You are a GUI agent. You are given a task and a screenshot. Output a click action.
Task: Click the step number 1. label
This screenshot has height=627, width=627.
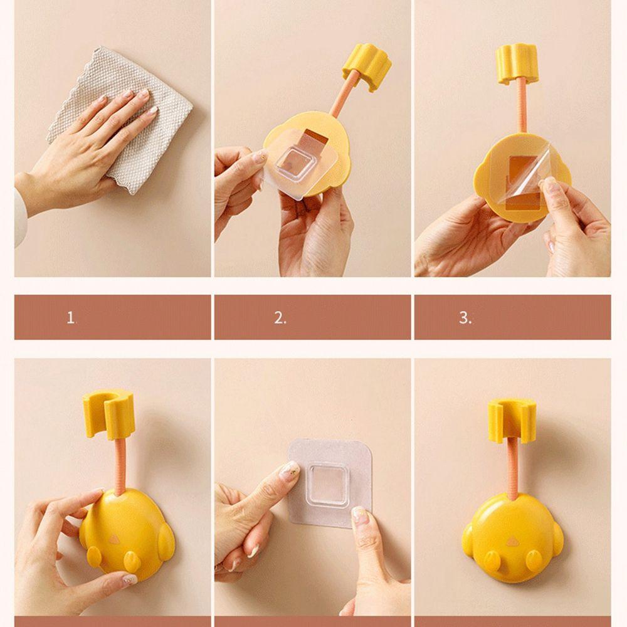click(x=71, y=318)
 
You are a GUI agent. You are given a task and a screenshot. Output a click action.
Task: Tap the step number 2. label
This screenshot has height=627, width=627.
click(x=280, y=318)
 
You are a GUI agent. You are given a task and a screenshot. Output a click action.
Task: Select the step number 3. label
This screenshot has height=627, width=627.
click(x=465, y=318)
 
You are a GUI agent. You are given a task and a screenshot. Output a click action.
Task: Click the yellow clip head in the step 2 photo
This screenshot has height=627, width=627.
click(x=367, y=67)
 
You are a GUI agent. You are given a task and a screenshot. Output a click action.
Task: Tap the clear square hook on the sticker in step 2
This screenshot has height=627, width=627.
click(x=295, y=165)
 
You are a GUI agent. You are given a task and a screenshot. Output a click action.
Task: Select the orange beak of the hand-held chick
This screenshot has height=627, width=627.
click(x=114, y=539)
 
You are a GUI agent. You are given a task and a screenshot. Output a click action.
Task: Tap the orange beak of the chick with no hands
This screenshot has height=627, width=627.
click(x=512, y=542)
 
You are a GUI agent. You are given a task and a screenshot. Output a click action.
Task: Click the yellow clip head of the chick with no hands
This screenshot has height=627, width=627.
click(x=512, y=421)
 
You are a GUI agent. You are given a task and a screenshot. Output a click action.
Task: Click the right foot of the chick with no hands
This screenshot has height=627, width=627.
click(x=534, y=559)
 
